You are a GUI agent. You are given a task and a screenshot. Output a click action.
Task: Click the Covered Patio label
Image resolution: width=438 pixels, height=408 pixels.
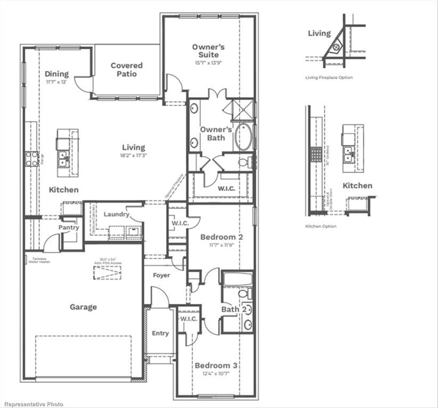pyautogui.click(x=126, y=70)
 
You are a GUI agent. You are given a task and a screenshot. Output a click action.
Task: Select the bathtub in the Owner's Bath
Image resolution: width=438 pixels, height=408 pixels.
pyautogui.click(x=243, y=137)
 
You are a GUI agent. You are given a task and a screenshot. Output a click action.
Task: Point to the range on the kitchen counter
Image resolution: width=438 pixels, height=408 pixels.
pyautogui.click(x=31, y=159)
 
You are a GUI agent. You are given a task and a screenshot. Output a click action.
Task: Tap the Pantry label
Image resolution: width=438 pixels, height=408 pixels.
pyautogui.click(x=68, y=227)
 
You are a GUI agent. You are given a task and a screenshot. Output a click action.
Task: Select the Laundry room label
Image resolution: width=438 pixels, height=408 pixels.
pyautogui.click(x=116, y=214)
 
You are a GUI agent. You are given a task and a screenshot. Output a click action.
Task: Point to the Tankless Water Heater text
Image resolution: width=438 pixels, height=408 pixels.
pyautogui.click(x=41, y=260)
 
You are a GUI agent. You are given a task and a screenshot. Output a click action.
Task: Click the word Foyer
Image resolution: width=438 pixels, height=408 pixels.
pyautogui.click(x=161, y=275)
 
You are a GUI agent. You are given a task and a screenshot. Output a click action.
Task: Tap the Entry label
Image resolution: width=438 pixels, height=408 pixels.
pyautogui.click(x=160, y=333)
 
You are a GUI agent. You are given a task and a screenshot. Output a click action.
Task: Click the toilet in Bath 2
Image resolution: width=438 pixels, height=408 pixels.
pyautogui.click(x=243, y=294)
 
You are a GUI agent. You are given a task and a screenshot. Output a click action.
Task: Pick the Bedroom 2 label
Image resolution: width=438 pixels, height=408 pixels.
pyautogui.click(x=222, y=237)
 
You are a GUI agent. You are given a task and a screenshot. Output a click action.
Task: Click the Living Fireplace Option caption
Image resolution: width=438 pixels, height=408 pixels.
pyautogui.click(x=329, y=78)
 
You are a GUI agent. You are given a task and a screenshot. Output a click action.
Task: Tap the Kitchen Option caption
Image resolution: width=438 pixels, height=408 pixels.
pyautogui.click(x=321, y=226)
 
